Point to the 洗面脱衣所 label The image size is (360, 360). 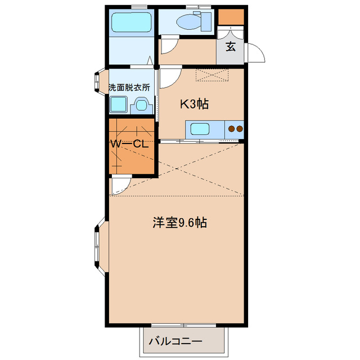[x=129, y=88]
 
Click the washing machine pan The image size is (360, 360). [x=119, y=104]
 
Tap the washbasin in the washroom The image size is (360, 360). [x=141, y=105]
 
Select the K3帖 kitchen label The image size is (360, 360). [x=195, y=103]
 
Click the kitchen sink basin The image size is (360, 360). [x=200, y=129]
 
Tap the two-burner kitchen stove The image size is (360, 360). [x=235, y=129]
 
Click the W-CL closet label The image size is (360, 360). [x=129, y=144]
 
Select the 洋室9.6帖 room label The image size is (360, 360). [x=179, y=222]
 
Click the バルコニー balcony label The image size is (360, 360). [x=175, y=341]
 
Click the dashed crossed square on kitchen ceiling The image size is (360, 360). [x=212, y=75]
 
